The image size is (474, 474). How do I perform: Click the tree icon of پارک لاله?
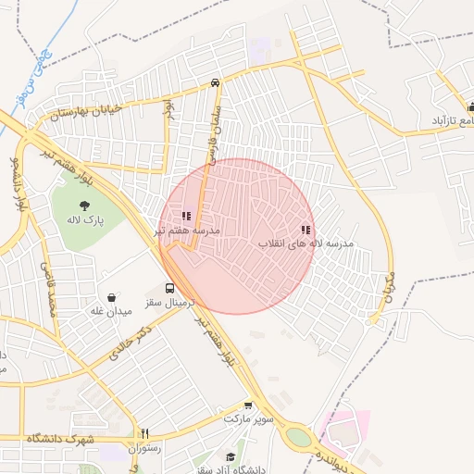pyautogui.click(x=84, y=205)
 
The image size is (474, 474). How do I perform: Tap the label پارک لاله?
pyautogui.click(x=84, y=220)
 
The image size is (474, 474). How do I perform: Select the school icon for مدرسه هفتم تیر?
pyautogui.click(x=186, y=216)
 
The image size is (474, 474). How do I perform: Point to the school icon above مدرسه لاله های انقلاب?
pyautogui.click(x=306, y=230)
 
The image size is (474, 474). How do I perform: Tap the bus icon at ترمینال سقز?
pyautogui.click(x=169, y=288)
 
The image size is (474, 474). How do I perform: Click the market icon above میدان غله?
pyautogui.click(x=112, y=298)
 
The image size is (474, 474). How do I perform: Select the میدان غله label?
pyautogui.click(x=111, y=312)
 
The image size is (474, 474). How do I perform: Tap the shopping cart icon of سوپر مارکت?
pyautogui.click(x=248, y=405)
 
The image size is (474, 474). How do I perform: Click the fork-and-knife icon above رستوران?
pyautogui.click(x=144, y=433)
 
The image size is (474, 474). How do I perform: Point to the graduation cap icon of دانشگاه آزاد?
pyautogui.click(x=231, y=456)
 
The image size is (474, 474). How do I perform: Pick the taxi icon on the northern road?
pyautogui.click(x=215, y=82)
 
